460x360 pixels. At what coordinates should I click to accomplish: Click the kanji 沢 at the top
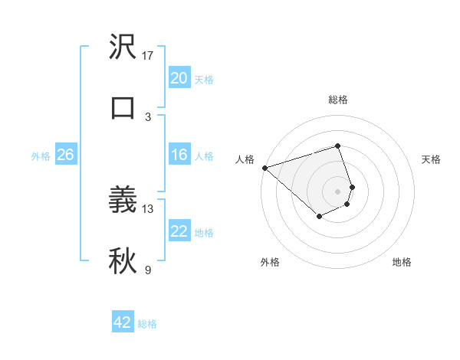[x=123, y=48]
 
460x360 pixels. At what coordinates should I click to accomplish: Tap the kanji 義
[x=123, y=201]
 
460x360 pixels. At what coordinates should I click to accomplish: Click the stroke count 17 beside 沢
[x=148, y=56]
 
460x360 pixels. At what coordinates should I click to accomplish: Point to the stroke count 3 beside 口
[x=148, y=116]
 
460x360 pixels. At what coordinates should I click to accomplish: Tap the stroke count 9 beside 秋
[x=148, y=270]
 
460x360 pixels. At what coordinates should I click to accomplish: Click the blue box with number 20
[x=179, y=78]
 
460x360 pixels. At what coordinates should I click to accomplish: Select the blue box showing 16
[x=179, y=155]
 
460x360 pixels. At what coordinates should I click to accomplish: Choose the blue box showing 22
[x=179, y=231]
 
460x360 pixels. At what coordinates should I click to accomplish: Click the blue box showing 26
[x=65, y=155]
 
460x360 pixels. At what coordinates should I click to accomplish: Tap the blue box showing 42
[x=123, y=322]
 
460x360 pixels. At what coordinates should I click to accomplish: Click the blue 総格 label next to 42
[x=147, y=324]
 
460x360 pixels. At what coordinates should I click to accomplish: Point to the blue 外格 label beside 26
[x=41, y=156]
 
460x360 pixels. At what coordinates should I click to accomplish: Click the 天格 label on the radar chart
[x=432, y=159]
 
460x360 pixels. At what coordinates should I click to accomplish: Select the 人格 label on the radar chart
[x=245, y=159]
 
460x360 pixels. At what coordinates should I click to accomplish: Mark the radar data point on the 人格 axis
[x=264, y=168]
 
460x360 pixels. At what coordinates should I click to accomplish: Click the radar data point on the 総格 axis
[x=337, y=146]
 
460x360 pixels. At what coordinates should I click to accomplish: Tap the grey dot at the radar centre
[x=337, y=191]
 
